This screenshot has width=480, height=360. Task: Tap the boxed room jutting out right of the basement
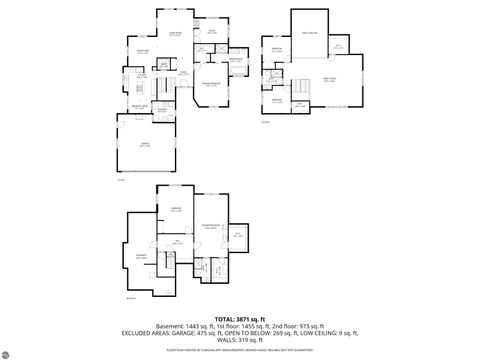[x=238, y=234]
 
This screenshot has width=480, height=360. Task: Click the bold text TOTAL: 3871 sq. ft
[x=240, y=318]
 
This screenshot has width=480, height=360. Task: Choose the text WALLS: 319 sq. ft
[x=240, y=341]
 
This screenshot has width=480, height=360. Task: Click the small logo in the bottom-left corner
[x=13, y=352]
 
